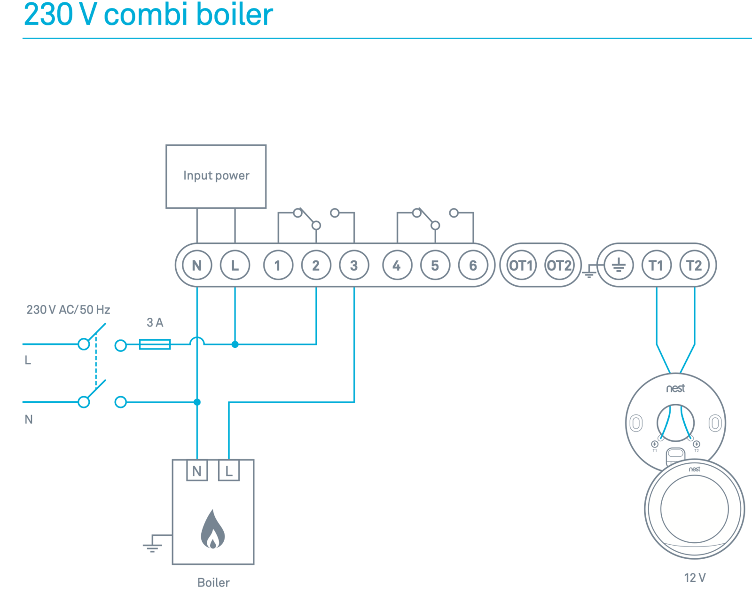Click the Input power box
click(216, 176)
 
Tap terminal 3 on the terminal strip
click(354, 266)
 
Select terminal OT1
click(521, 266)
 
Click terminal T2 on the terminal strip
click(694, 266)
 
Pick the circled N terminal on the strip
click(197, 266)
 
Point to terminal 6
click(473, 266)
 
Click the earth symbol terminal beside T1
click(619, 266)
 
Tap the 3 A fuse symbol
click(155, 344)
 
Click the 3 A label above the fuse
click(155, 322)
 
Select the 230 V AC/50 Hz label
click(68, 310)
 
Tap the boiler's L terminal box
click(229, 470)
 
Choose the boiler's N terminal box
click(197, 470)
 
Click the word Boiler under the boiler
click(213, 583)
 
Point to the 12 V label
click(695, 578)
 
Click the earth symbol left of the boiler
click(152, 546)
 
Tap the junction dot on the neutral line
click(197, 402)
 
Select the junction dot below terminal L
click(235, 344)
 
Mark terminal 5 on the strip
click(435, 266)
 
